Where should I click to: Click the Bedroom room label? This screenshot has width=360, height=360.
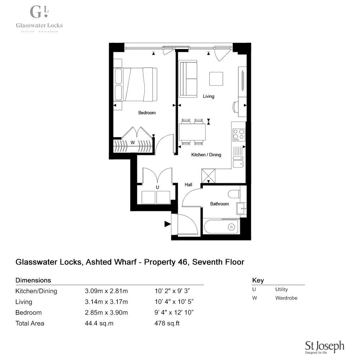(147, 113)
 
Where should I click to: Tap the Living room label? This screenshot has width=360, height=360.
(208, 96)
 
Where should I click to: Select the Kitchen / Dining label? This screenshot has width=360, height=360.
(206, 155)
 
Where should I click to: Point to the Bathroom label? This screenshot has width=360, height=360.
(219, 204)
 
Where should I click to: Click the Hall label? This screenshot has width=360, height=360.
(188, 185)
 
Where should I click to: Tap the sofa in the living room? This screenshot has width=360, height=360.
(188, 79)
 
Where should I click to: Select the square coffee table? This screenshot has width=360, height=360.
(216, 79)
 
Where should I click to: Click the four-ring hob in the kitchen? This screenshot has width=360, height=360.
(238, 135)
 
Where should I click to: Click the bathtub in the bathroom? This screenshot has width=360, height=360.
(221, 227)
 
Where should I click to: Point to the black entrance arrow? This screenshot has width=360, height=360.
(167, 224)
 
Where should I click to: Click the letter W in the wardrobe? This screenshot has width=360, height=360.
(132, 143)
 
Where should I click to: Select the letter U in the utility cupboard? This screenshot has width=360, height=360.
(157, 187)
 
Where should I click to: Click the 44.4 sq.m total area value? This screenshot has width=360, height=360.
(99, 323)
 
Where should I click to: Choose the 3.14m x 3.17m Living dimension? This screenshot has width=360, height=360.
(106, 302)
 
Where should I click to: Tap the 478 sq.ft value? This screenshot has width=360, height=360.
(167, 323)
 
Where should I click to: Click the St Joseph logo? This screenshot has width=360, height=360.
(324, 347)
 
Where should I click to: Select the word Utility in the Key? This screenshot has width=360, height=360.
(282, 289)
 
